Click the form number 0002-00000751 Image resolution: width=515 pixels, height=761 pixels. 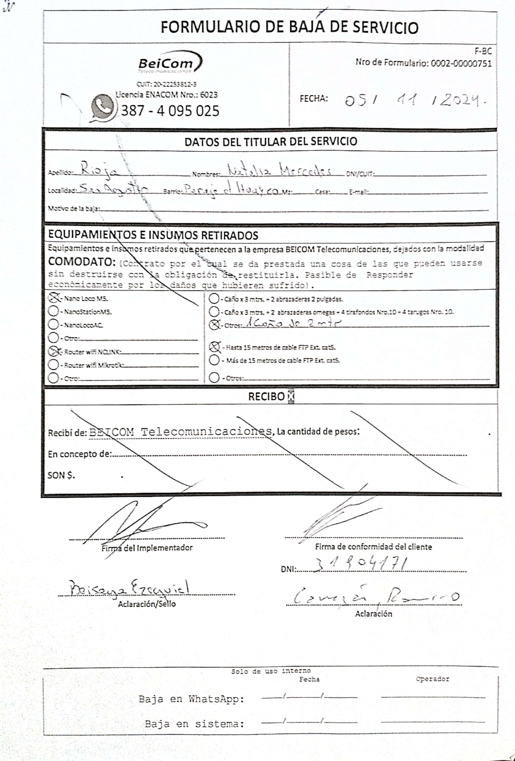tap(461, 63)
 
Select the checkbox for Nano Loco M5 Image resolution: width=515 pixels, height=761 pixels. tap(54, 298)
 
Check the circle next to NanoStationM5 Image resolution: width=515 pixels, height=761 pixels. tap(53, 311)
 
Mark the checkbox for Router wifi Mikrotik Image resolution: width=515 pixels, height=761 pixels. tap(53, 364)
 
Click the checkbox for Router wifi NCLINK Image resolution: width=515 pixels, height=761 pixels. tap(53, 351)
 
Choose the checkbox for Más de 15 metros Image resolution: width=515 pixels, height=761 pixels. tap(214, 360)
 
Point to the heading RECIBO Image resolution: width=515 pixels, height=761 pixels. tap(266, 397)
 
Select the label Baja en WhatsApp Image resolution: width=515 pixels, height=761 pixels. tap(191, 699)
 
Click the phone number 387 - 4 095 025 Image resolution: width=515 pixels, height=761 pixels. tap(170, 111)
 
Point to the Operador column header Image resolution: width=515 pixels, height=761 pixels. tap(433, 679)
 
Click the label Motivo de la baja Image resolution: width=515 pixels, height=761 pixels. tap(74, 208)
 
